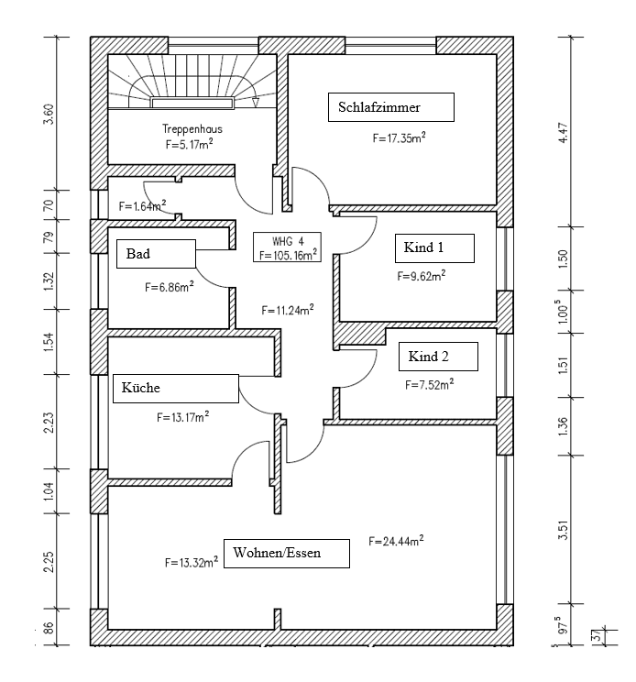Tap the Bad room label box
coord(156,254)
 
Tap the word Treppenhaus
coord(192,128)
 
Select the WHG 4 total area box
coord(288,247)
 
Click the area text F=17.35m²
coord(399,137)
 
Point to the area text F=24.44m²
coord(396,541)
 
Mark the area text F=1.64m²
coord(143,205)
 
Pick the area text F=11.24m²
coord(288,310)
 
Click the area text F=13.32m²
coord(192,562)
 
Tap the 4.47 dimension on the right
coord(563,133)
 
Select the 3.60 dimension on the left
coord(49,114)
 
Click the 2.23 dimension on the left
coord(49,422)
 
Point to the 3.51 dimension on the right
coord(563,530)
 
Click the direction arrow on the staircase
coord(256,103)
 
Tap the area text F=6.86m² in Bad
coord(170,287)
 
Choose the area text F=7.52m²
coord(430,384)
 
